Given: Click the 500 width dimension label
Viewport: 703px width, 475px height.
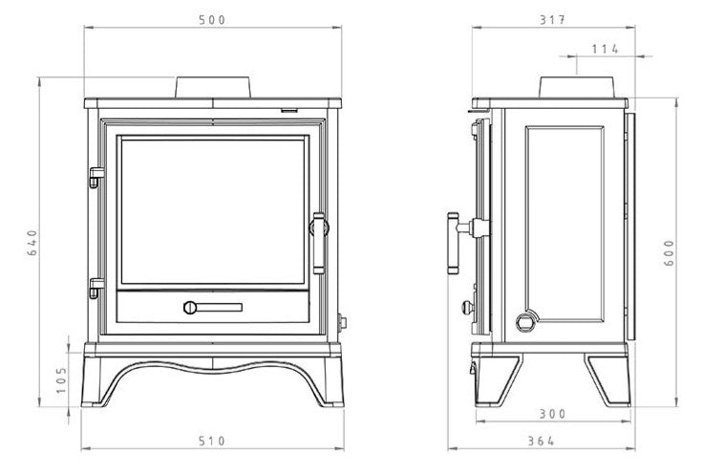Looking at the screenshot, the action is pos(212,20).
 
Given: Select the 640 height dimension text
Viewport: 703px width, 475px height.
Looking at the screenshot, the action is pos(32,243).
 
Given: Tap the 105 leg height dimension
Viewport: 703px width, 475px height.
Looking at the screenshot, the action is pos(61,380).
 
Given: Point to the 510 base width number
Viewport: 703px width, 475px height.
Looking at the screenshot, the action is pos(212,442).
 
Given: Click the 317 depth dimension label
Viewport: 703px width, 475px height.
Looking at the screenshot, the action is pos(553,20).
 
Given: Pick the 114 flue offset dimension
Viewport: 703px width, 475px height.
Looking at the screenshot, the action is pos(606,49).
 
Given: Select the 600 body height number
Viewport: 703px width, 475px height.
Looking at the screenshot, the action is pos(669,253).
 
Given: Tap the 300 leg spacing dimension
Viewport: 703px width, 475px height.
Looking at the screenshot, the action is pos(553,414).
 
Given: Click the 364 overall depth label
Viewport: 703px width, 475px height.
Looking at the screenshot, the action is pos(542,442).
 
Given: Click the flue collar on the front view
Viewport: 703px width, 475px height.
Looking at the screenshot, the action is pos(212,88).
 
